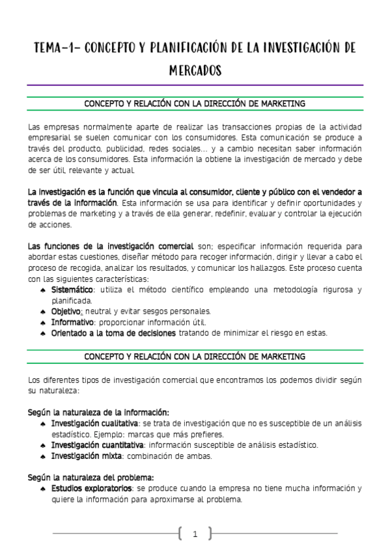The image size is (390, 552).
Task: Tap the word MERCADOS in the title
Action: click(195, 70)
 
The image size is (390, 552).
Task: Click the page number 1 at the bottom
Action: click(195, 534)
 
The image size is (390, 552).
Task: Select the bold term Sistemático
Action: click(72, 290)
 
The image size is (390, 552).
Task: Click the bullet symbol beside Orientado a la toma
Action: click(42, 333)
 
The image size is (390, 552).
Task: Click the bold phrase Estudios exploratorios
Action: click(92, 488)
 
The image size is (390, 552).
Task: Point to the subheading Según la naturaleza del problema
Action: click(91, 477)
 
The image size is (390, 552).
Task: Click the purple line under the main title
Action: click(195, 85)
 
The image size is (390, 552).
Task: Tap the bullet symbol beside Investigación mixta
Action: click(42, 456)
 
